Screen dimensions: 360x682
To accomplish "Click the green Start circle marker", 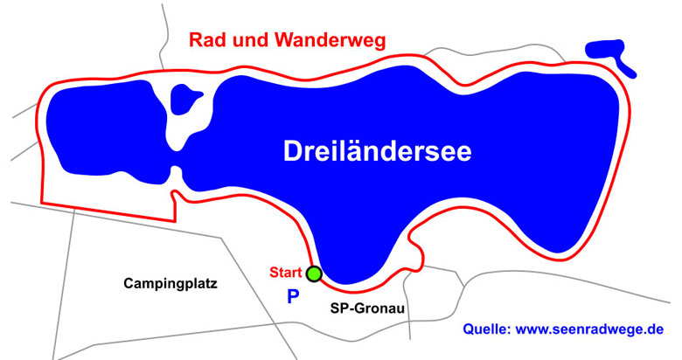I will [x=314, y=273].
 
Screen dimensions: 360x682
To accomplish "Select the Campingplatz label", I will [x=170, y=283].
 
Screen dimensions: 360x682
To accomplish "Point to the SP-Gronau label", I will [x=366, y=308].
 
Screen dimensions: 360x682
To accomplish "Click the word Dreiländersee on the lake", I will [x=378, y=151].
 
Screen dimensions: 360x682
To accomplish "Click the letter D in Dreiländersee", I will [x=292, y=151].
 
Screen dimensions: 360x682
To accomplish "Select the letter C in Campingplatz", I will [x=129, y=283].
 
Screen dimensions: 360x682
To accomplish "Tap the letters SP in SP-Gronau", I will [x=338, y=308].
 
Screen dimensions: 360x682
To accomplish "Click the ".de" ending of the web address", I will [x=655, y=329].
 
